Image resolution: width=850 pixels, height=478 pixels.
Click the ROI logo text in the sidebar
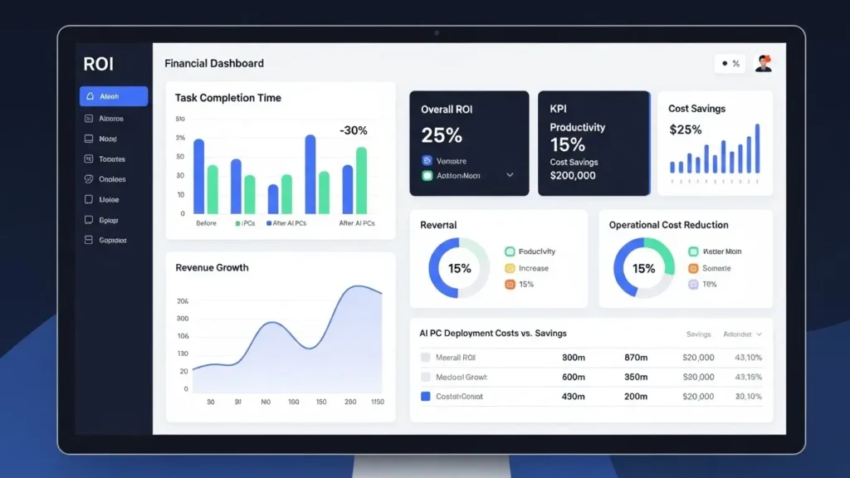(x=99, y=65)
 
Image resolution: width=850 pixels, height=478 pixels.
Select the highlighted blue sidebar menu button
(x=114, y=96)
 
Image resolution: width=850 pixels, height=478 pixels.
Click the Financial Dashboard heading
(x=214, y=63)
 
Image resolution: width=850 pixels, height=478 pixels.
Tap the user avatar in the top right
(x=763, y=64)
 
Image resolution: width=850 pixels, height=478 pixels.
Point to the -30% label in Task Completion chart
(x=353, y=130)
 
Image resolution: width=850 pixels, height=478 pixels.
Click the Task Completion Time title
(x=227, y=98)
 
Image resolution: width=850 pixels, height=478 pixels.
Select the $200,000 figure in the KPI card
(x=573, y=176)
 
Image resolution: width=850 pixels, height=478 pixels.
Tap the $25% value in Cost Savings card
(x=685, y=129)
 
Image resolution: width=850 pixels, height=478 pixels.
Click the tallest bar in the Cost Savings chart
(x=757, y=149)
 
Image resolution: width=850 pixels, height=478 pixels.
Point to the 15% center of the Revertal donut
(x=459, y=268)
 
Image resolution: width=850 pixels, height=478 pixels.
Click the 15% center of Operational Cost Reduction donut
(x=643, y=268)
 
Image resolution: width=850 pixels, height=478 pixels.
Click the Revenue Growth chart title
(x=212, y=267)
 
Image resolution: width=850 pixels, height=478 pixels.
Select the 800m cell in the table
(x=574, y=357)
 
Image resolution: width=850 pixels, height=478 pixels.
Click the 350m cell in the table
(x=636, y=377)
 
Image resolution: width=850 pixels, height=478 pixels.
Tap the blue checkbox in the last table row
(x=426, y=397)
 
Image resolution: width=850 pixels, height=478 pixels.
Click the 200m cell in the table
(x=636, y=397)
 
